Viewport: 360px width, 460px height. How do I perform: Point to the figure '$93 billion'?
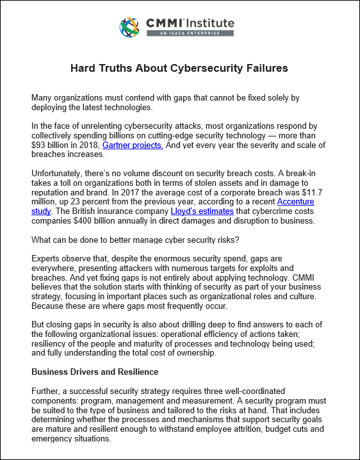(x=53, y=145)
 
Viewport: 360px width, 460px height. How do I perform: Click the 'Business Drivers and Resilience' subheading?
(x=95, y=372)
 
